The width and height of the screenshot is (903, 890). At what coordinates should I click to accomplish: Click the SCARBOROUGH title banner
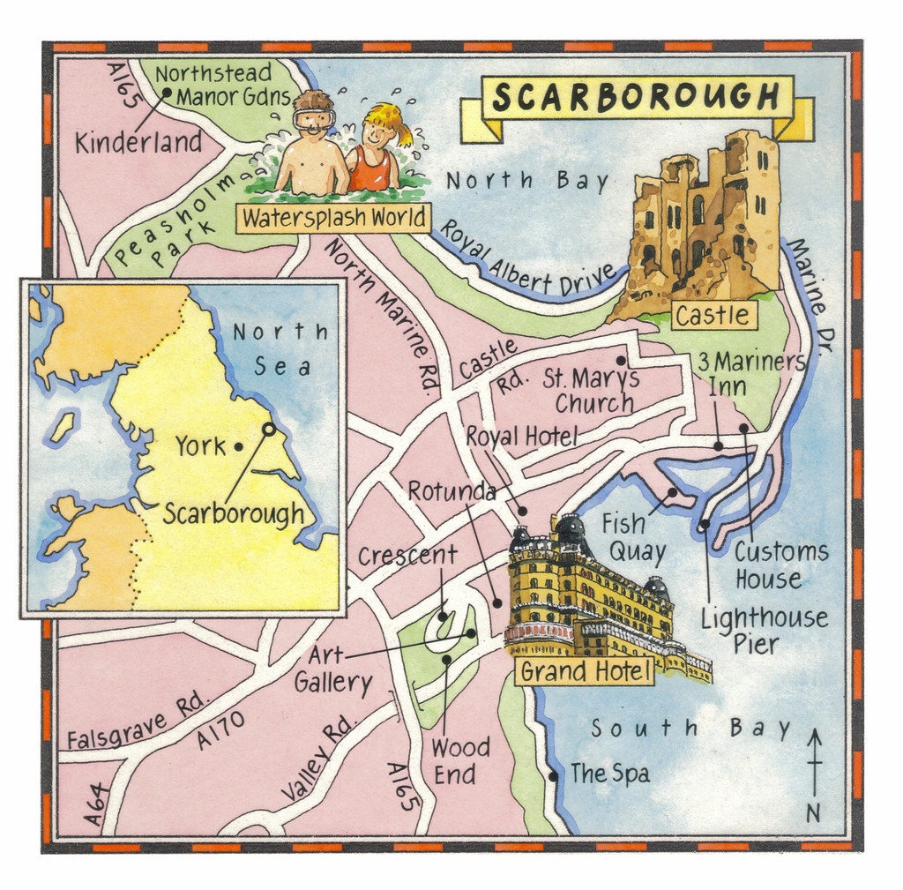[x=636, y=97]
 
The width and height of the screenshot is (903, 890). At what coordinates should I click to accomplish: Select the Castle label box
[x=713, y=315]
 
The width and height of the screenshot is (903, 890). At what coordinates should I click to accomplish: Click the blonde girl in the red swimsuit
[x=376, y=150]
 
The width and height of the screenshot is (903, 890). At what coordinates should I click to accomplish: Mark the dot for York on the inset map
[x=239, y=446]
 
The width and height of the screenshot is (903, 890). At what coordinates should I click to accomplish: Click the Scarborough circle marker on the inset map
[x=268, y=429]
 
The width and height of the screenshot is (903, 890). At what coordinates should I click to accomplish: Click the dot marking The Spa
[x=553, y=776]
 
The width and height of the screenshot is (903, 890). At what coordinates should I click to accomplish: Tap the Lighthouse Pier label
[x=764, y=631]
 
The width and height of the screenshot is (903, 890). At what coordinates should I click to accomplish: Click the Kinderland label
[x=138, y=143]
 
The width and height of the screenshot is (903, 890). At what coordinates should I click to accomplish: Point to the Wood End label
[x=459, y=761]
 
